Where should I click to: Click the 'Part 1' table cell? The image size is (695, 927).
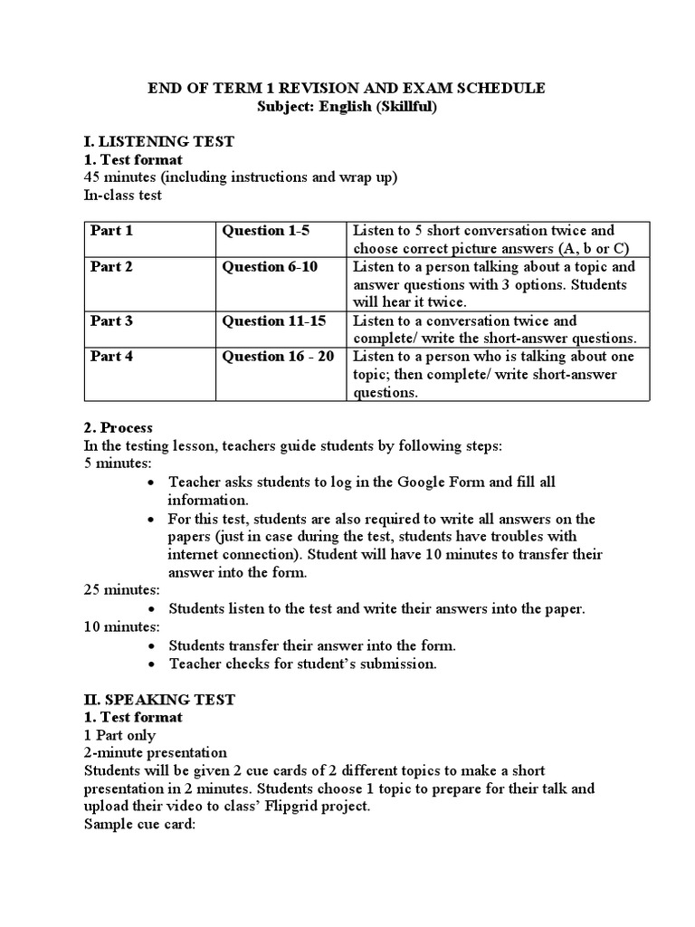pyautogui.click(x=111, y=231)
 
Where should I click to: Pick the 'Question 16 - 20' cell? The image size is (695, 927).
pyautogui.click(x=278, y=357)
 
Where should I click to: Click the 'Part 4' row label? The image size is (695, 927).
pyautogui.click(x=111, y=357)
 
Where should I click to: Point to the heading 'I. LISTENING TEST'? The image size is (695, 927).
pyautogui.click(x=158, y=141)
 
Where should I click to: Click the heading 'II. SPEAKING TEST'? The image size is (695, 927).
pyautogui.click(x=159, y=699)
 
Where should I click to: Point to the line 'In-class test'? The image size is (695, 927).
pyautogui.click(x=123, y=196)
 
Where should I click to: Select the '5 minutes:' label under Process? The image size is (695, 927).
pyautogui.click(x=118, y=463)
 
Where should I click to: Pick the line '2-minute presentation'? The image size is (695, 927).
pyautogui.click(x=155, y=753)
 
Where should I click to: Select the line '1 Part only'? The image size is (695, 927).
pyautogui.click(x=119, y=735)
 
